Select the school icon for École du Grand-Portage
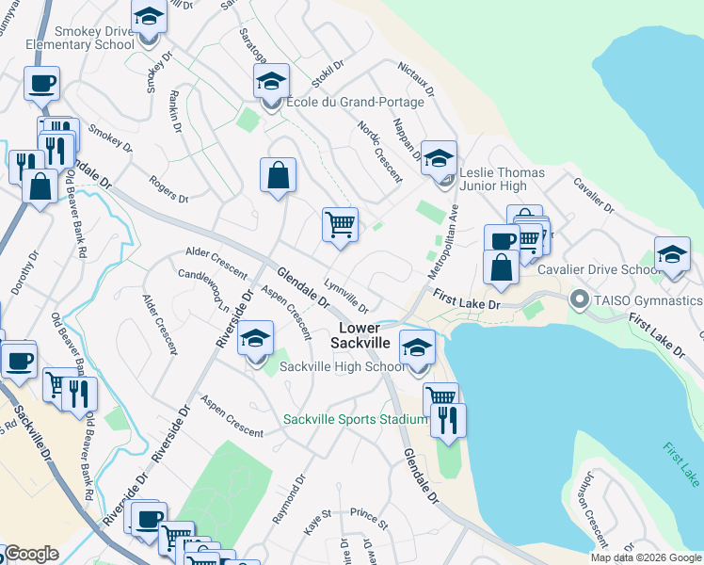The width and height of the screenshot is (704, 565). [x=271, y=81]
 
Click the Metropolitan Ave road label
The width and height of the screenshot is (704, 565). [x=444, y=241]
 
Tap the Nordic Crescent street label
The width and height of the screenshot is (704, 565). [x=379, y=151]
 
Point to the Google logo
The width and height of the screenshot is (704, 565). [x=32, y=555]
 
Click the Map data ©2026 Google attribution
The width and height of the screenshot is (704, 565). [x=646, y=557]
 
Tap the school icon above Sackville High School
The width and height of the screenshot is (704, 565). [x=255, y=338]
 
